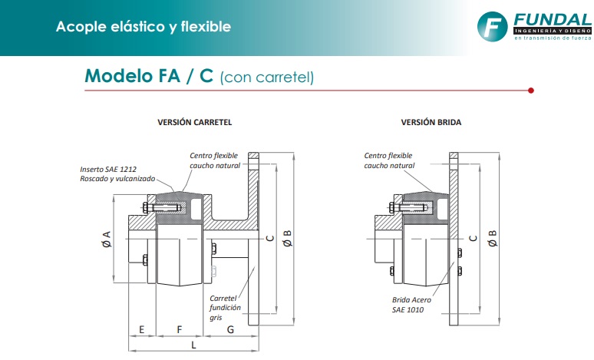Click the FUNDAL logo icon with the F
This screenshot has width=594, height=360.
coord(493,27)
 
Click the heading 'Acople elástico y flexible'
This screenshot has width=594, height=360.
coord(143,27)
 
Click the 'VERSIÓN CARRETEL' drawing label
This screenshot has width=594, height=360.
coord(195,123)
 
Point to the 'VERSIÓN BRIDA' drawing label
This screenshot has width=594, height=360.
coord(431,123)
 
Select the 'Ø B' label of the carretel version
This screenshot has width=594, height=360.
coord(287,239)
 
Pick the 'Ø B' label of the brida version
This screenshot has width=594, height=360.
coord(492,239)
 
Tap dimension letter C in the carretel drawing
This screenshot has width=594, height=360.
coord(269,239)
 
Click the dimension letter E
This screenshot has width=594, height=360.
coord(142,329)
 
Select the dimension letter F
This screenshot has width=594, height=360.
coord(180,329)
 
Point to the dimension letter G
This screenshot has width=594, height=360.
coord(230,329)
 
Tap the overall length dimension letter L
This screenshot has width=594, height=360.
coord(193,347)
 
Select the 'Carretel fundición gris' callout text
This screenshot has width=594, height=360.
coord(226,307)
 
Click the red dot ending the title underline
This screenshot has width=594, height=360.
coord(532,91)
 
